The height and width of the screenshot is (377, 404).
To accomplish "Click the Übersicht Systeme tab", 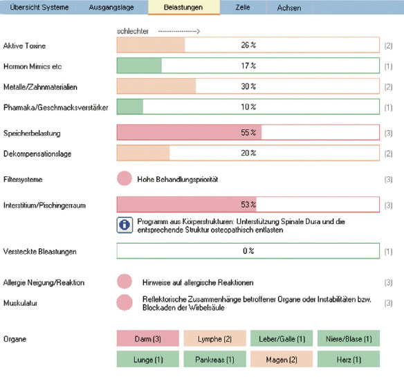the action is click(x=39, y=7).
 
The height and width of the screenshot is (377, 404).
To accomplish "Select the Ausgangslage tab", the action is click(x=111, y=7).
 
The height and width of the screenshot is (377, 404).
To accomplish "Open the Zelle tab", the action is click(x=243, y=7).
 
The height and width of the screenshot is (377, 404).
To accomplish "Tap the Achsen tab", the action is click(x=289, y=8).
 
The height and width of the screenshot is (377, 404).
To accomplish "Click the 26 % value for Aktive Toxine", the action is click(x=248, y=45).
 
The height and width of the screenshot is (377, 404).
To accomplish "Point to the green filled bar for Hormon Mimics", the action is click(x=139, y=66).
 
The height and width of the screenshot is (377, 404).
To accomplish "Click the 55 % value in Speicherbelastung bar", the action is click(x=248, y=132).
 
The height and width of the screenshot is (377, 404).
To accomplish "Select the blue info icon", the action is click(x=125, y=225).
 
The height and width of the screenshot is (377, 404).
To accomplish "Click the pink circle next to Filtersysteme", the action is click(x=125, y=178).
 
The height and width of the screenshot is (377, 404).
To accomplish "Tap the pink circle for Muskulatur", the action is click(x=125, y=302).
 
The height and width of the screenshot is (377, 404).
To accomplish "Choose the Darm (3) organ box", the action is click(x=147, y=338).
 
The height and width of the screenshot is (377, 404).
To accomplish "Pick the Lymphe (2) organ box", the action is click(x=214, y=338).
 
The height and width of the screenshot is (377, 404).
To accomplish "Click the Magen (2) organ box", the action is click(x=282, y=359).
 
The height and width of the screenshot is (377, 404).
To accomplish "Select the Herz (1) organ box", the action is click(x=349, y=359).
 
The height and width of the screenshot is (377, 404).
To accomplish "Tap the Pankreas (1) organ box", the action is click(x=214, y=359).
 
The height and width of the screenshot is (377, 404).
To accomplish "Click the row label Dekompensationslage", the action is click(x=37, y=154).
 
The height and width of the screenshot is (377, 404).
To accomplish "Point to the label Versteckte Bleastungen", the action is click(x=40, y=252).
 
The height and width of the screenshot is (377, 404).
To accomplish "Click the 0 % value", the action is click(x=248, y=250).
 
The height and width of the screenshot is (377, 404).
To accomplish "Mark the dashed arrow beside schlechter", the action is click(x=179, y=31).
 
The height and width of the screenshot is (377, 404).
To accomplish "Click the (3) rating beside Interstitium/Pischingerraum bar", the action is click(x=388, y=205).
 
